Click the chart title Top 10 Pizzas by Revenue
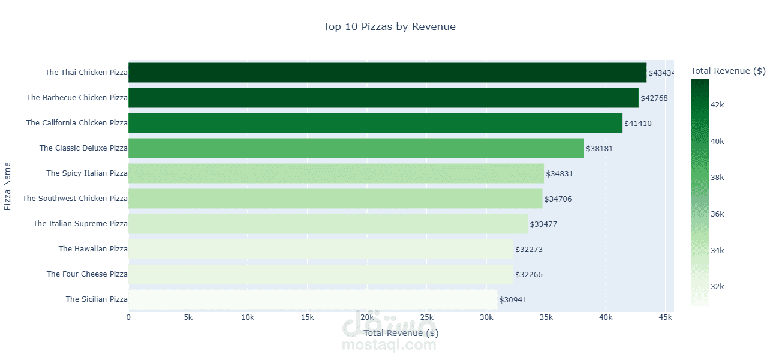(x=389, y=26)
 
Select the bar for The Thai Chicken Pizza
(x=387, y=73)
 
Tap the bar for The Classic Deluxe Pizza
(x=356, y=148)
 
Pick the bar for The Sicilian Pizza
(x=312, y=299)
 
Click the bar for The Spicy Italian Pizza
(x=336, y=173)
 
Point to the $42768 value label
(x=654, y=98)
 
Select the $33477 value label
(x=543, y=224)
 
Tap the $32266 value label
(x=528, y=275)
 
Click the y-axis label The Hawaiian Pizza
(x=93, y=249)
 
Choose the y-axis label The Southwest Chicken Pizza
(x=75, y=199)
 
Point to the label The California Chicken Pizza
(x=77, y=123)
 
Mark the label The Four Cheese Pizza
(x=87, y=274)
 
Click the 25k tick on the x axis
(x=426, y=317)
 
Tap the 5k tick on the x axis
(x=188, y=317)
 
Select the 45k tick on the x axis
(x=665, y=317)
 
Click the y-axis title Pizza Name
(x=8, y=186)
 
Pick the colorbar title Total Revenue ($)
(x=728, y=71)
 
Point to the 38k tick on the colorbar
(x=717, y=178)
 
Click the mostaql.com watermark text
(x=389, y=345)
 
